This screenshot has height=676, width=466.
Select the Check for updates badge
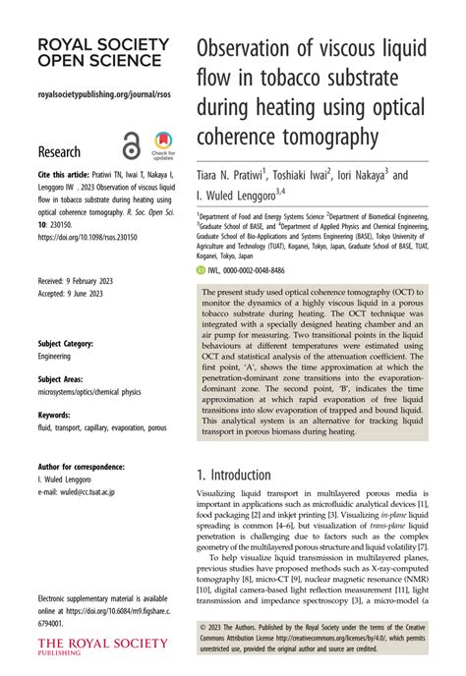tap(162, 144)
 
